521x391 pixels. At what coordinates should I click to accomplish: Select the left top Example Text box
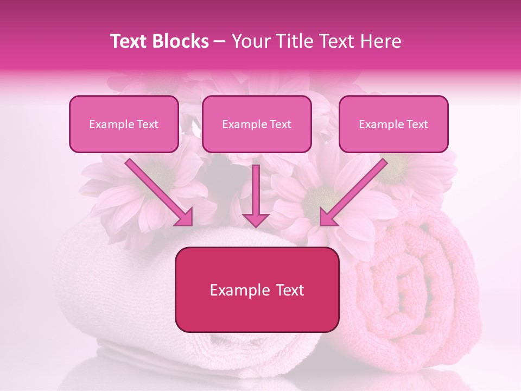coord(124,124)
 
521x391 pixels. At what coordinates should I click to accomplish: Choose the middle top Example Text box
coord(257,124)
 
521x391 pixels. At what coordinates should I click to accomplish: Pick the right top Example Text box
coord(393,124)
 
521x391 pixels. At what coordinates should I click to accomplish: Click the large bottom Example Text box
coord(257,289)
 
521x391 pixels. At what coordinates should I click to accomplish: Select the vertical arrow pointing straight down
coord(256,193)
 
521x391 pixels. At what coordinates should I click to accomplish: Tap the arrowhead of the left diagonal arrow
coord(185,217)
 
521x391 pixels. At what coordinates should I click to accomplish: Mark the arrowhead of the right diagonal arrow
coord(328,217)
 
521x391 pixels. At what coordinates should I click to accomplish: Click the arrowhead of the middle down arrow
coord(256,219)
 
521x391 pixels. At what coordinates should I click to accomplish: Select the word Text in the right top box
coord(417,124)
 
